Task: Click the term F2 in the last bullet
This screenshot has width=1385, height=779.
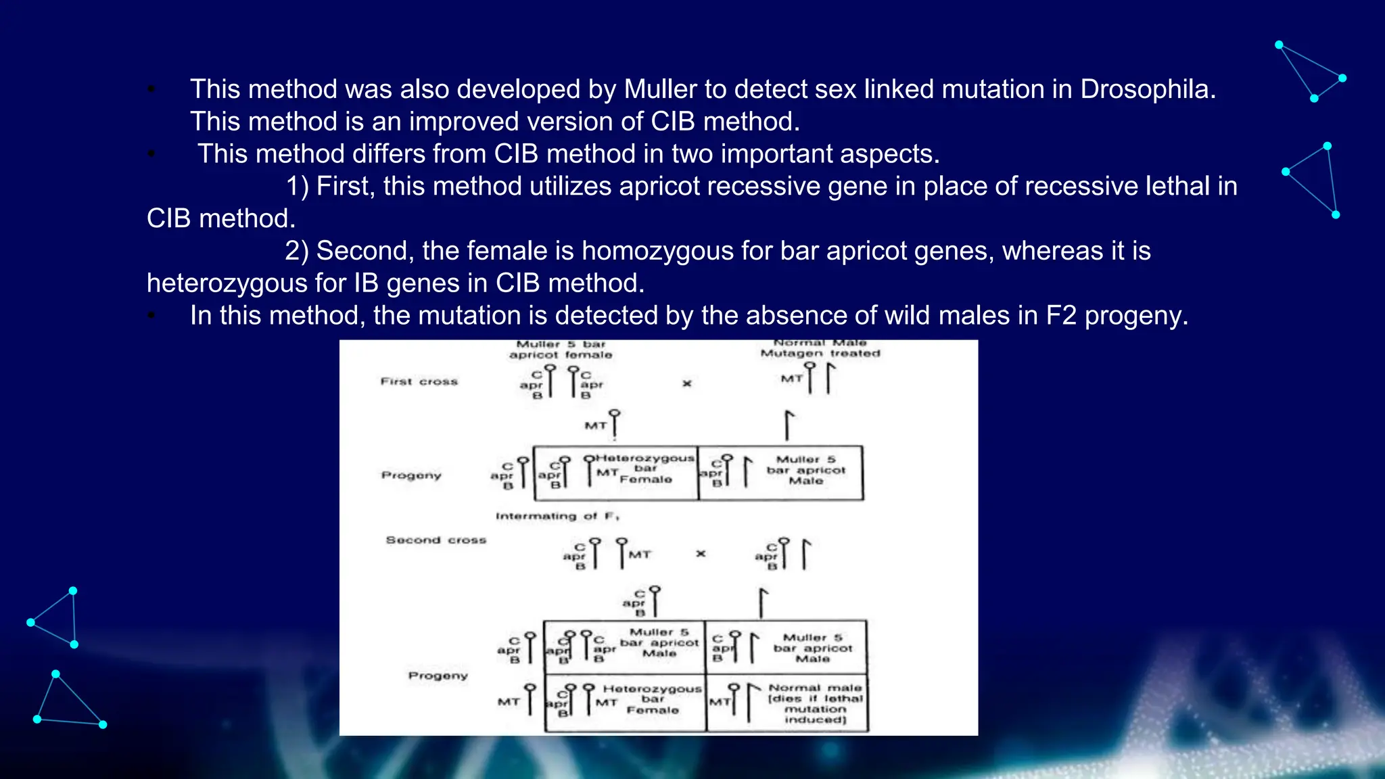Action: pyautogui.click(x=1061, y=316)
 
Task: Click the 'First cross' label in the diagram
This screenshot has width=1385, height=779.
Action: pyautogui.click(x=419, y=382)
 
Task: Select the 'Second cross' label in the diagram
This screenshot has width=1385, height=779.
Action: pyautogui.click(x=436, y=540)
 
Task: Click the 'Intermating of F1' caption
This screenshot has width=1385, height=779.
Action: pyautogui.click(x=557, y=517)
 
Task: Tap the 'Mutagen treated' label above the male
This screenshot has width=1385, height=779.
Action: pyautogui.click(x=820, y=354)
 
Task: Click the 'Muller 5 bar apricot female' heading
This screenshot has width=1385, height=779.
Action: pyautogui.click(x=561, y=350)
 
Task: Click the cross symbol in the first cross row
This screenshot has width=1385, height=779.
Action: pyautogui.click(x=687, y=383)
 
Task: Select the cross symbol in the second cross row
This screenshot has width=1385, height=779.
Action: pyautogui.click(x=701, y=554)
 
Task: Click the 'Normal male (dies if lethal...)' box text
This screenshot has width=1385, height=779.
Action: pyautogui.click(x=815, y=704)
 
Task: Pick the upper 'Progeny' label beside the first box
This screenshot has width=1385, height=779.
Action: pyautogui.click(x=410, y=475)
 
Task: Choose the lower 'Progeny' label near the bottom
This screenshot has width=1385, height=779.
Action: pyautogui.click(x=438, y=676)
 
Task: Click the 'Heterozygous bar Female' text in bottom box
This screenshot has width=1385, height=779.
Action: pyautogui.click(x=652, y=699)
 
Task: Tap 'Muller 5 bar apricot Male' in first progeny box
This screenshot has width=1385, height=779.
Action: pyautogui.click(x=805, y=470)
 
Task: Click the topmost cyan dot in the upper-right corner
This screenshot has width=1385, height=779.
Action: pyautogui.click(x=1279, y=45)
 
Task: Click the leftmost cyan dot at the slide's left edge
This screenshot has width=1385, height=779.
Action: pyautogui.click(x=30, y=622)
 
